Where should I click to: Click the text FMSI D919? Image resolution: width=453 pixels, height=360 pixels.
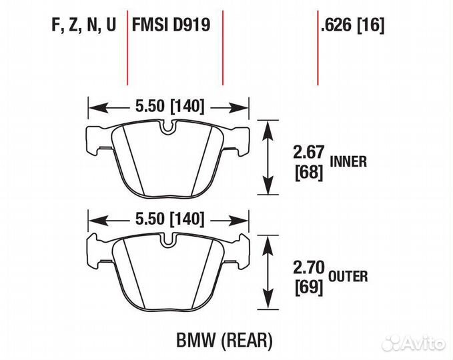point(171,25)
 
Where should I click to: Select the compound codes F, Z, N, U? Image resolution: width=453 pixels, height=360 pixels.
point(83,25)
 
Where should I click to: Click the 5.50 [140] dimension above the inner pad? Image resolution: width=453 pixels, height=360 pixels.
point(169,106)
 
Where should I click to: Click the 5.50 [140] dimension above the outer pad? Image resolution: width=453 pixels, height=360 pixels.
point(169,219)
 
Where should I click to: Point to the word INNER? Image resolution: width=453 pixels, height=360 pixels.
point(349,161)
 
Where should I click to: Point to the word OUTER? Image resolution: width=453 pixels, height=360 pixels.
point(349,276)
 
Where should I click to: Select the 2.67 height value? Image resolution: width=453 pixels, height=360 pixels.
point(307,153)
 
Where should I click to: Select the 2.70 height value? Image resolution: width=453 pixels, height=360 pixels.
point(307,267)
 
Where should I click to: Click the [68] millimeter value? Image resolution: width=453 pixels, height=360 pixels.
point(308,173)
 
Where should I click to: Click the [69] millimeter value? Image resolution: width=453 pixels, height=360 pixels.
point(308,287)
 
